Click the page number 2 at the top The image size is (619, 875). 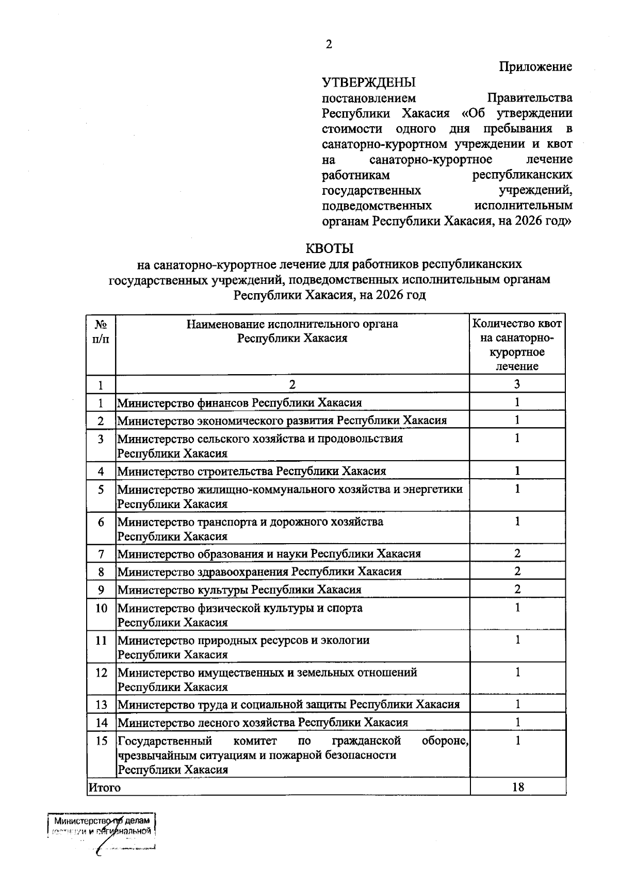329,44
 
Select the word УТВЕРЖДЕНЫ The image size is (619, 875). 369,82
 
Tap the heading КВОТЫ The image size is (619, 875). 330,248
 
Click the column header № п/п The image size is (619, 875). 101,331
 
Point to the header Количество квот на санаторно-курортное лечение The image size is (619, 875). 517,345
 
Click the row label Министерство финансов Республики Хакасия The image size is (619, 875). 240,402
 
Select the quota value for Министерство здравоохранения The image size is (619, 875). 517,571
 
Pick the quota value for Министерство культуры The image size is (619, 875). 517,588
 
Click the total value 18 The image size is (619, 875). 518,787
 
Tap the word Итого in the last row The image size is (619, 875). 105,787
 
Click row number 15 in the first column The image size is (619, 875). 101,741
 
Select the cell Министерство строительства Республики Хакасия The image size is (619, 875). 252,471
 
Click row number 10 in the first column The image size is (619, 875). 101,608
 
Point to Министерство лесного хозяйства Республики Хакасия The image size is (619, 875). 263,722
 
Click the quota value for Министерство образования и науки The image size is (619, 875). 517,553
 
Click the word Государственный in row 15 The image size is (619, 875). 165,741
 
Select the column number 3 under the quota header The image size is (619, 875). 517,384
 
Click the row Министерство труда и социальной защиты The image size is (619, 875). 289,704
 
